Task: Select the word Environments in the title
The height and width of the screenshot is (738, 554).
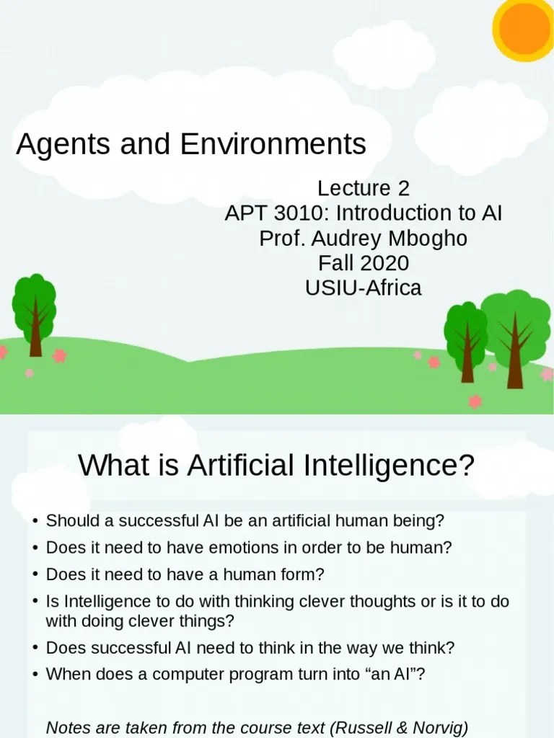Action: pos(273,145)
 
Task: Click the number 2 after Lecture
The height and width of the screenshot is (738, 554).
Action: pos(403,189)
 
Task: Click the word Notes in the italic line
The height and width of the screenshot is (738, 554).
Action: pos(66,728)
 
